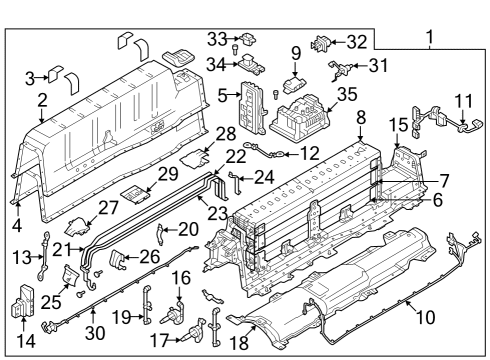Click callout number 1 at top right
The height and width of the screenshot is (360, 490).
pos(431,41)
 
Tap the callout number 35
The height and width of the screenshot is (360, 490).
pos(347,95)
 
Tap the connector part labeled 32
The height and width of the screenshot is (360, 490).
pos(324,43)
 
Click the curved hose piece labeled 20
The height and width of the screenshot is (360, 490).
pos(162,236)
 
